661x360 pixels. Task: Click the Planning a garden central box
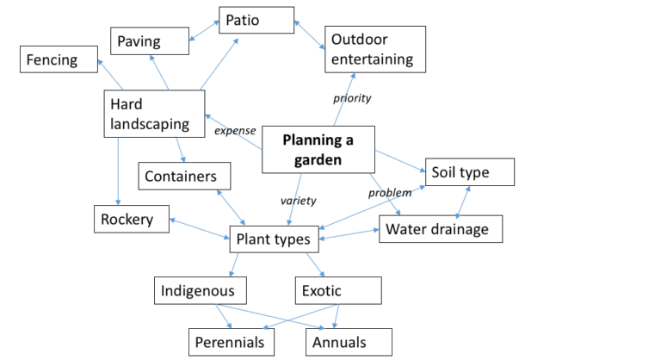point(318,148)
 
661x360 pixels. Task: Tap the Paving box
point(148,40)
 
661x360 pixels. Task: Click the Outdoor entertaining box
point(374,49)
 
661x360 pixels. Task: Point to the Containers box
point(184,176)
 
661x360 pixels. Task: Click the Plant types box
point(274,239)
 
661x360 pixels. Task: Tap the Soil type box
point(469,172)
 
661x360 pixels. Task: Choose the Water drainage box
point(440,228)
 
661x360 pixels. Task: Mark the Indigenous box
point(201,290)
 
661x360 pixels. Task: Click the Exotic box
point(337,290)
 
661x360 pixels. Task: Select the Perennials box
point(232,342)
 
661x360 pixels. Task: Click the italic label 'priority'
point(352,98)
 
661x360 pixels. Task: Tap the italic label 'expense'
point(235,131)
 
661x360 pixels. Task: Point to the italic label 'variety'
point(299,201)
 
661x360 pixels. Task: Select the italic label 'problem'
point(390,192)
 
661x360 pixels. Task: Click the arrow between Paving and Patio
point(202,29)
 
